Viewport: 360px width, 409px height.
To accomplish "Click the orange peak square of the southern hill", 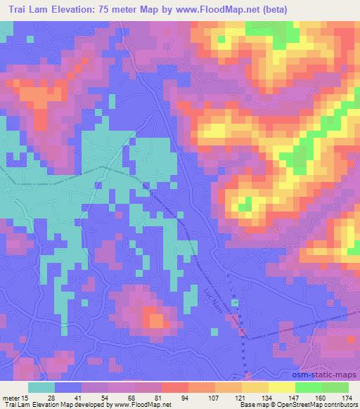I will [x=157, y=320].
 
